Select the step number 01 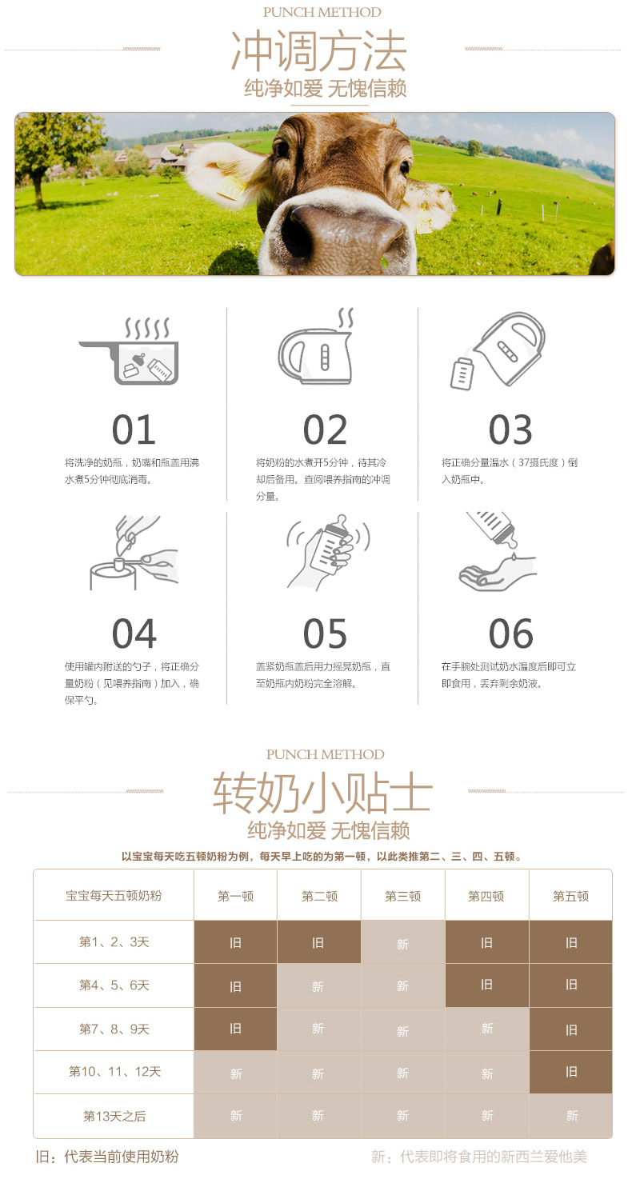(134, 430)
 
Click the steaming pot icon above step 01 (129, 351)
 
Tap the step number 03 (510, 430)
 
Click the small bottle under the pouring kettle (462, 374)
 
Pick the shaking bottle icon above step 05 (328, 553)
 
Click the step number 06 (510, 633)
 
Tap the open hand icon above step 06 (498, 574)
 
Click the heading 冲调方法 (318, 51)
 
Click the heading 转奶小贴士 (322, 793)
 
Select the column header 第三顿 (403, 896)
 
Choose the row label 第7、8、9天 (114, 1029)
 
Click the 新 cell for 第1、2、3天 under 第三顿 (403, 942)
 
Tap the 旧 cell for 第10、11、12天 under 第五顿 (571, 1072)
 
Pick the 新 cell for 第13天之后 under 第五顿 (571, 1116)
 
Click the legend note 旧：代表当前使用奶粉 (107, 1157)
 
